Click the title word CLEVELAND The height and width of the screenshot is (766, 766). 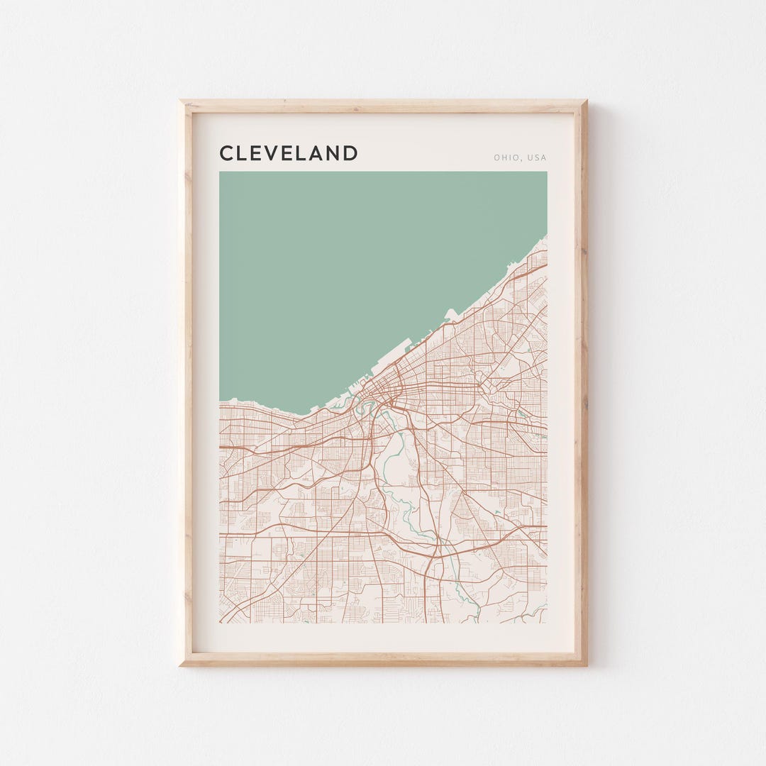point(288,153)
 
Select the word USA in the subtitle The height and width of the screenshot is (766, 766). point(536,158)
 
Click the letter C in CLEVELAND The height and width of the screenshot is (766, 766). point(227,153)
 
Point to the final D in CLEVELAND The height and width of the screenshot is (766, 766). point(350,153)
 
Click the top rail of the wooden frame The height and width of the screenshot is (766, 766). point(383,106)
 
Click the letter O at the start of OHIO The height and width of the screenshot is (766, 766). point(497,158)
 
